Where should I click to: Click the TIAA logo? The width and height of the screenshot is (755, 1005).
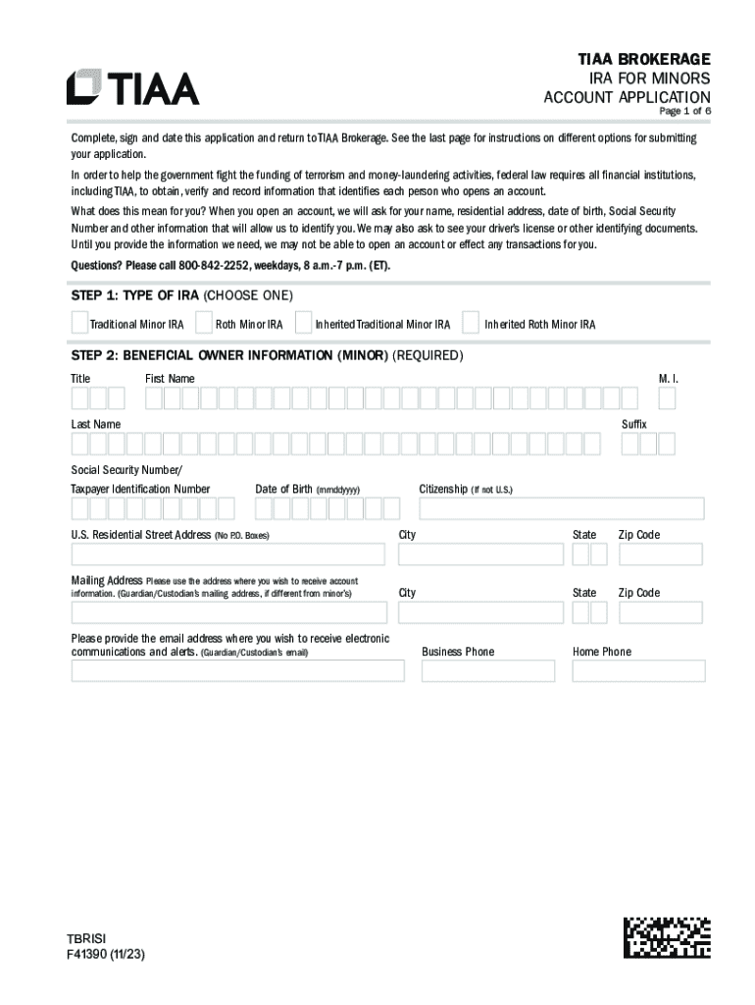coord(132,87)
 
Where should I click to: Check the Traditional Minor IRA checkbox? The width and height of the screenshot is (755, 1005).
coord(78,322)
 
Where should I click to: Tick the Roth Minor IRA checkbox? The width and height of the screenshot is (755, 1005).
coord(204,322)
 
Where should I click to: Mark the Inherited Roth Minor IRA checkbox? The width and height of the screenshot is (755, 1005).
coord(471,322)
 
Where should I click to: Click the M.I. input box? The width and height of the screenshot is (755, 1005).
coord(667,397)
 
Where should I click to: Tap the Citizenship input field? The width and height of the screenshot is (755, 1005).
coord(561,508)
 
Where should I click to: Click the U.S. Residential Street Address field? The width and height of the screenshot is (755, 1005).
coord(228,555)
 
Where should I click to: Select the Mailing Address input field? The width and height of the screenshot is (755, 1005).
coord(228,612)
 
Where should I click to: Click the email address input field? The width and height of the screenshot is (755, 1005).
coord(237,670)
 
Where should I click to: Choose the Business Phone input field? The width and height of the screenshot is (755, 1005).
coord(487,670)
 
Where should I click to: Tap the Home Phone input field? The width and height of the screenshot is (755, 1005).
coord(638,670)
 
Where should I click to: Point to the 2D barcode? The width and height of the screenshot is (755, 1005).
coord(667,936)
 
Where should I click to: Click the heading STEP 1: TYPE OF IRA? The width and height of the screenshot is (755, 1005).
coord(134,296)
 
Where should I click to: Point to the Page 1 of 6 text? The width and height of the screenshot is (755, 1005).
coord(677,112)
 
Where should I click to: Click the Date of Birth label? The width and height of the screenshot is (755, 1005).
coord(283,489)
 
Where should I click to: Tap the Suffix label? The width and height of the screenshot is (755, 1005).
coord(634,424)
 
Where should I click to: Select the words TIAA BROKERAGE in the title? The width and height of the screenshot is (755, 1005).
coord(644,60)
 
